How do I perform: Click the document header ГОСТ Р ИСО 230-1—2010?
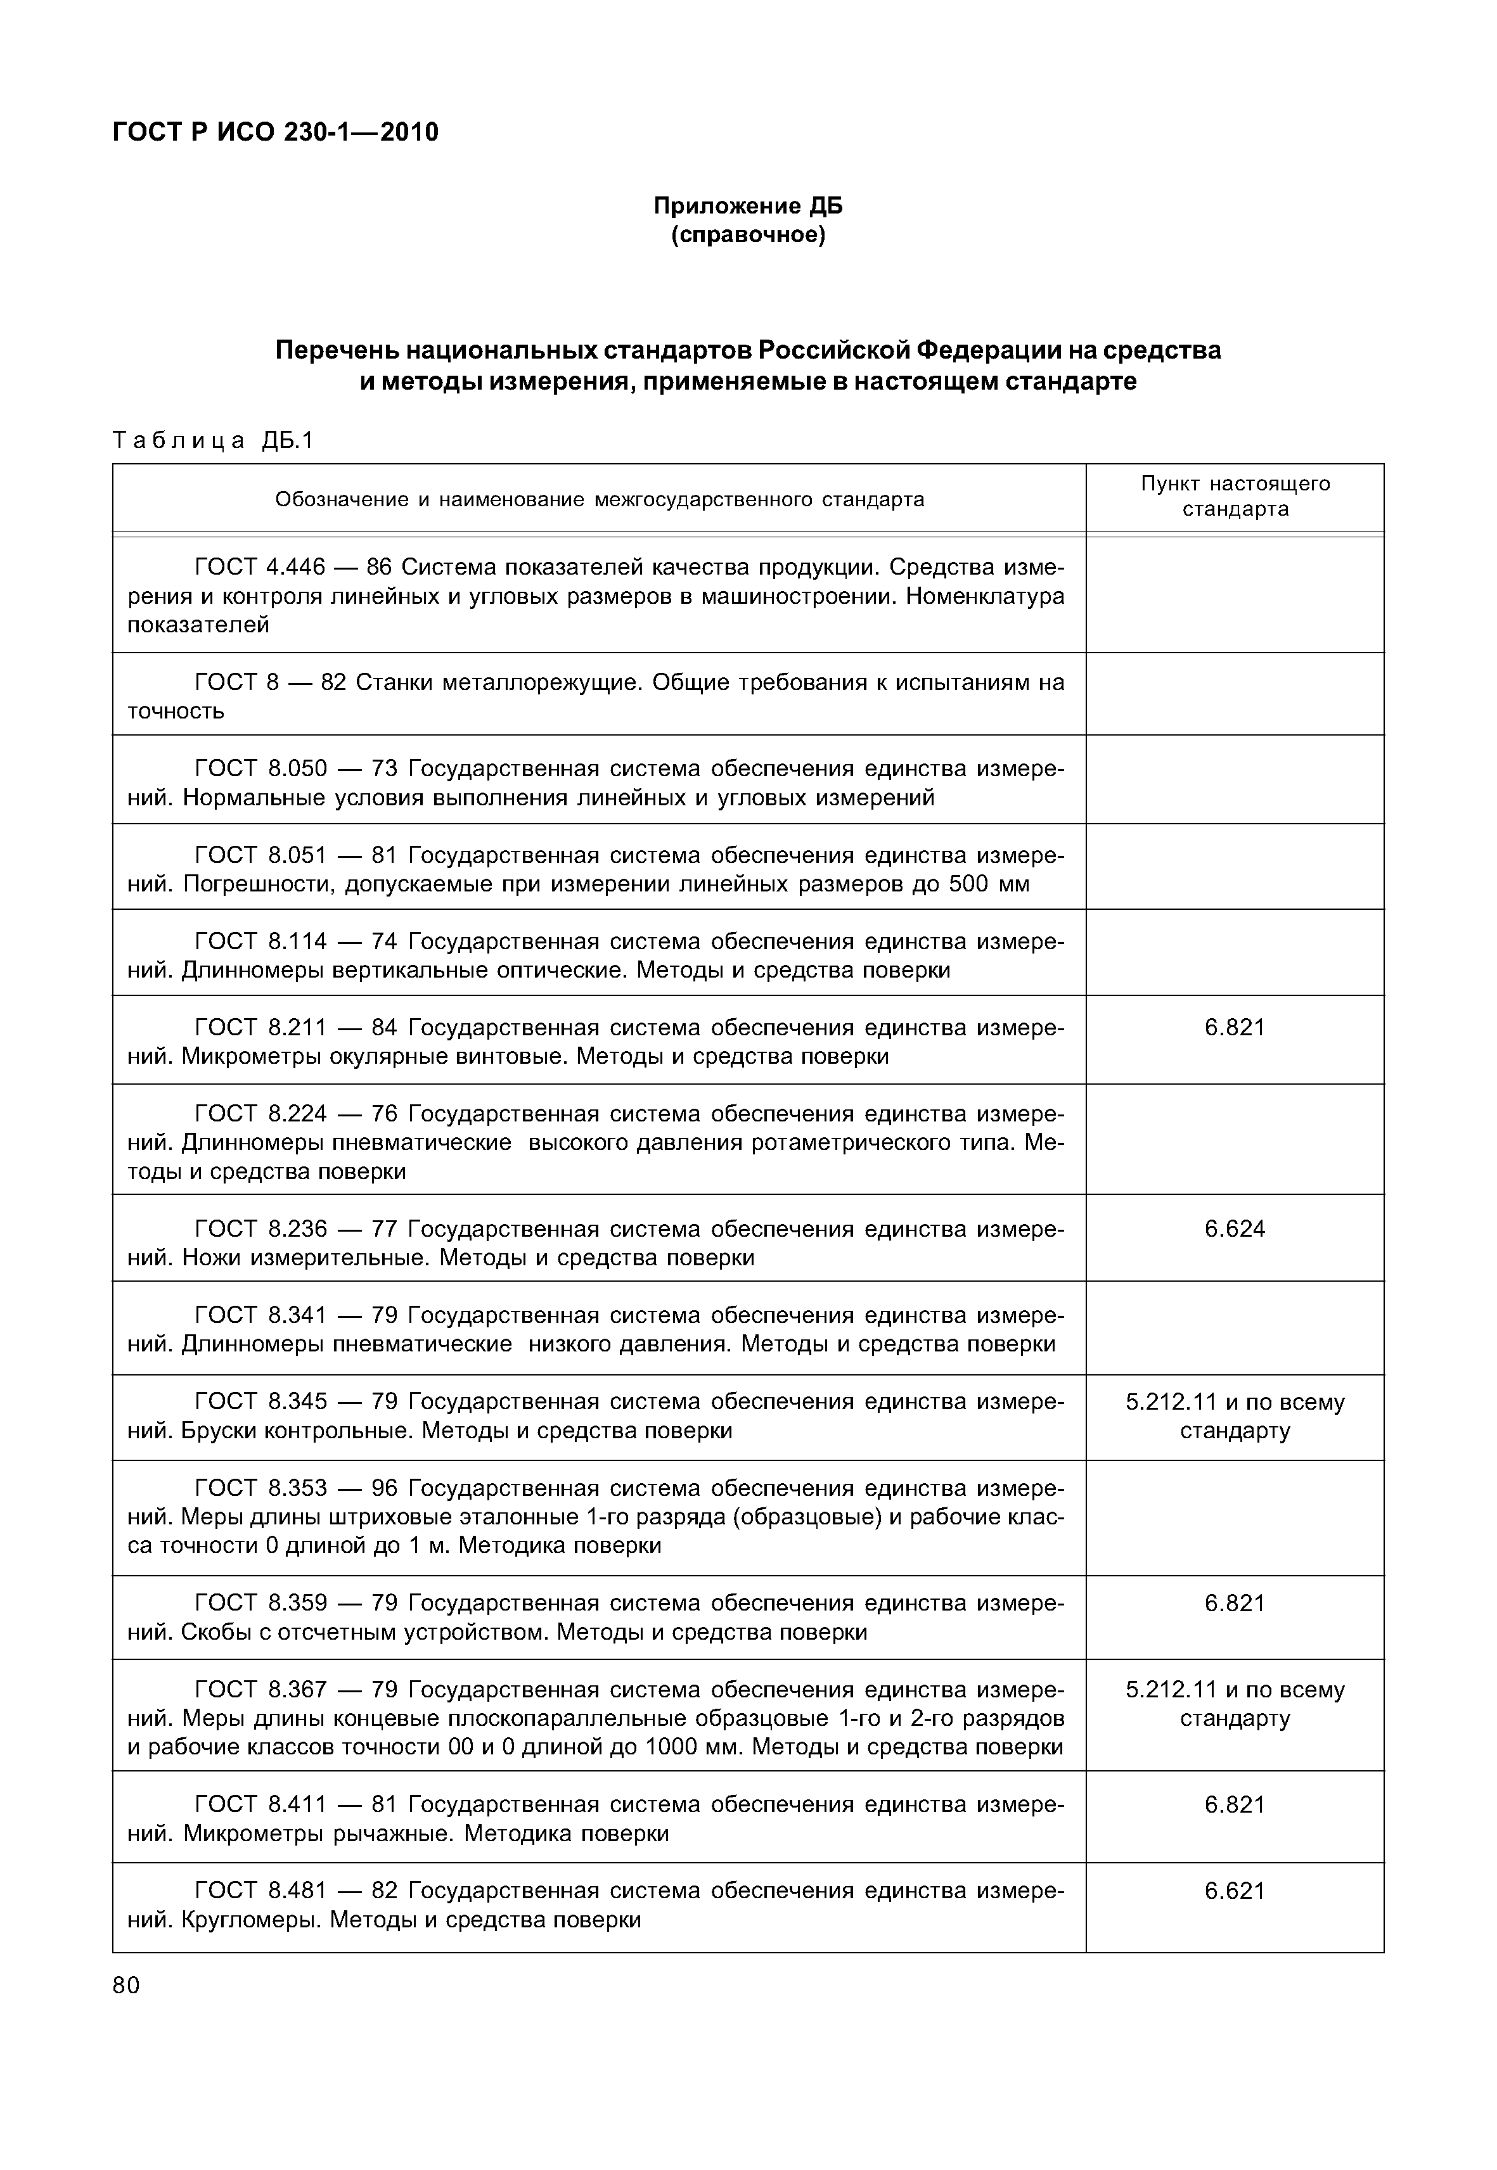tap(275, 132)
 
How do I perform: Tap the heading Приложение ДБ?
tap(748, 205)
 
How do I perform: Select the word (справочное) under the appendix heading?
tap(748, 234)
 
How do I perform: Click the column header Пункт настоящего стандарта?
tap(1235, 496)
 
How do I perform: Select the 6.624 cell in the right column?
tap(1235, 1229)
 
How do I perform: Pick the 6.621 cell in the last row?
tap(1235, 1891)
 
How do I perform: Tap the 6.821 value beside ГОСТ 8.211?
tap(1235, 1027)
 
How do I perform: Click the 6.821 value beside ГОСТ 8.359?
tap(1235, 1603)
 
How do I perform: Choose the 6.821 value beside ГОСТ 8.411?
tap(1235, 1804)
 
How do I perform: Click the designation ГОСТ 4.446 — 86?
tap(292, 567)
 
